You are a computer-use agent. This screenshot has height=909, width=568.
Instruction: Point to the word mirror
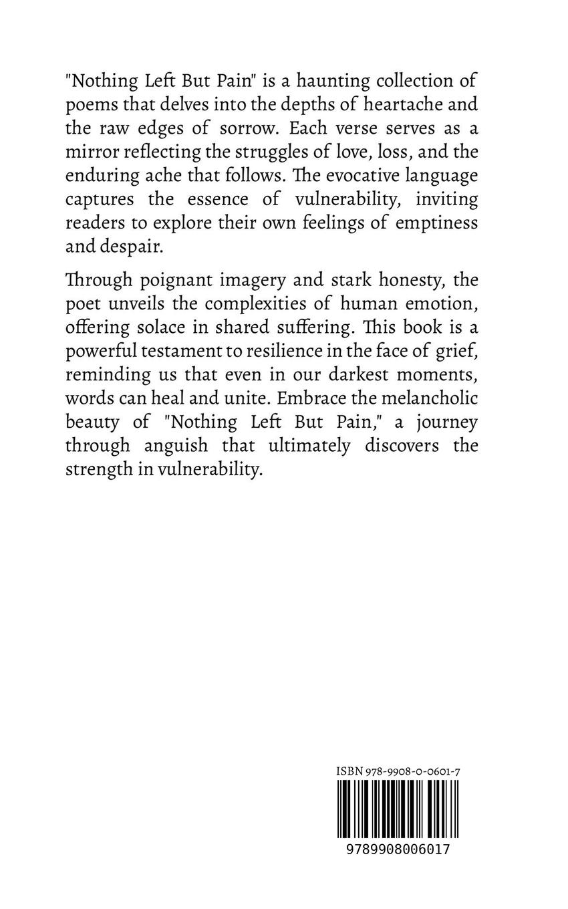[92, 152]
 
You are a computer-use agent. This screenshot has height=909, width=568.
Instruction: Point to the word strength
[94, 469]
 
